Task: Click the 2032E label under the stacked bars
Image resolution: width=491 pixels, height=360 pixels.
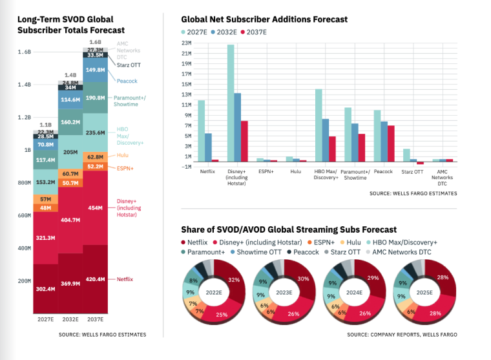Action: pos(70,319)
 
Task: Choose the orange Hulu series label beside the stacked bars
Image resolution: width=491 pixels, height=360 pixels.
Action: pos(123,155)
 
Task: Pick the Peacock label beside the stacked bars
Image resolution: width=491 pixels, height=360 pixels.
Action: pos(127,81)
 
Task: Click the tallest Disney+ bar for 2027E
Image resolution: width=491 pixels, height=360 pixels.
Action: pos(231,103)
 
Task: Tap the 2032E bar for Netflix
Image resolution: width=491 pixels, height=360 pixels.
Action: pos(208,147)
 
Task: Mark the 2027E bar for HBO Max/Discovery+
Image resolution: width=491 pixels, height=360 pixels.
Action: pos(319,125)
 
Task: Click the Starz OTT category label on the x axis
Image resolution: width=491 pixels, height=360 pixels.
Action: pos(413,173)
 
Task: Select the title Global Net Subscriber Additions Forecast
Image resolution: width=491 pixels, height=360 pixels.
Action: pos(264,19)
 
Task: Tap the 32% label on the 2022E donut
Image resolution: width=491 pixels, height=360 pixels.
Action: pos(234,281)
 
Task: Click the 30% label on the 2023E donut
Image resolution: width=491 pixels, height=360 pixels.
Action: pos(302,279)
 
